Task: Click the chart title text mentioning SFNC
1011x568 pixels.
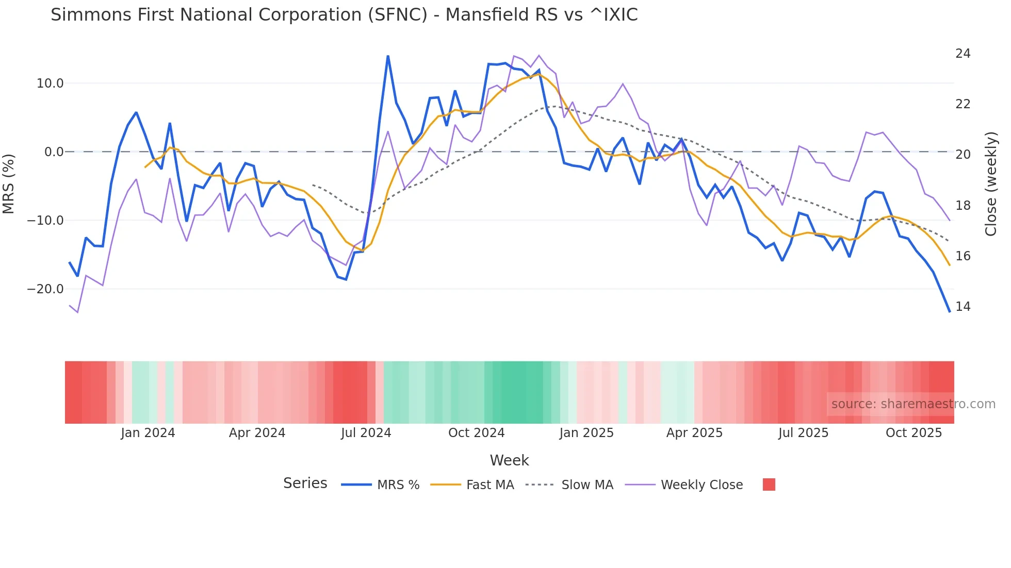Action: tap(344, 15)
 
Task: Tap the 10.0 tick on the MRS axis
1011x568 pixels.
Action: tap(50, 83)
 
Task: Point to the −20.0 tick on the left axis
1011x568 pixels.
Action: tap(45, 289)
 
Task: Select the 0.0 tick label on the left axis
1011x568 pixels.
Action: tap(54, 152)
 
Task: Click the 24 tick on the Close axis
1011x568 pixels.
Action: tap(963, 54)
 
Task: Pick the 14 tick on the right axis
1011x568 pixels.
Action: tap(963, 307)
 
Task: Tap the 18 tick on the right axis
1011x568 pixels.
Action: tap(963, 206)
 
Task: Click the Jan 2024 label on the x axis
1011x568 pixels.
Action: tap(148, 433)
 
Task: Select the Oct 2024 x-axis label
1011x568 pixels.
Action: tap(476, 433)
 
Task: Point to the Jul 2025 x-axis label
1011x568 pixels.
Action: tap(803, 433)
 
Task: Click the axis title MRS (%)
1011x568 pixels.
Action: tap(9, 183)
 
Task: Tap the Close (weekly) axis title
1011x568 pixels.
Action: tap(991, 184)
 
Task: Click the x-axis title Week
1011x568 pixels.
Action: tap(509, 460)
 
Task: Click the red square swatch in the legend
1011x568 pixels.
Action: tap(769, 485)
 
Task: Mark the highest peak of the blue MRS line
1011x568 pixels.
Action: tap(388, 56)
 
